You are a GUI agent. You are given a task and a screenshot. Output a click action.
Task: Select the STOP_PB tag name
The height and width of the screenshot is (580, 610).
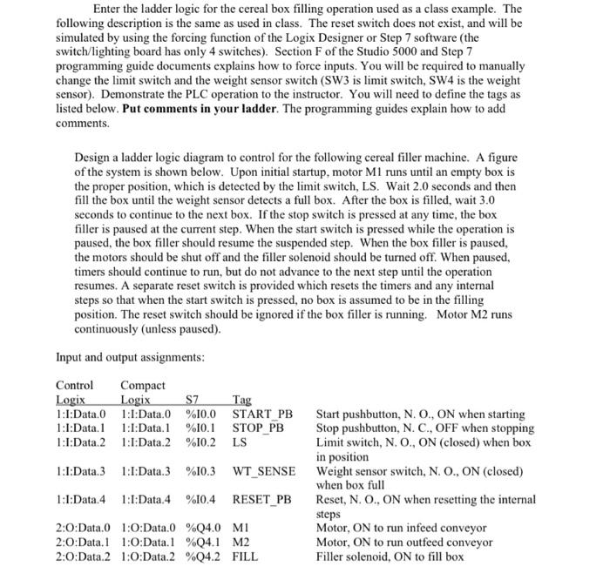pos(259,428)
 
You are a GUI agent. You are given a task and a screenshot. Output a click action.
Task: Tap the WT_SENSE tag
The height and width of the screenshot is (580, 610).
pos(264,471)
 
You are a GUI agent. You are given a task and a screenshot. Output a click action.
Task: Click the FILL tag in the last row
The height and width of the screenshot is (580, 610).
pos(246,555)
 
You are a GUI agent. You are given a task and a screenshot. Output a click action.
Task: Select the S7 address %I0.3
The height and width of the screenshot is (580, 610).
pos(202,471)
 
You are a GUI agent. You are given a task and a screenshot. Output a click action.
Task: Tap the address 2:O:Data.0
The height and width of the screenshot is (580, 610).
pos(84,527)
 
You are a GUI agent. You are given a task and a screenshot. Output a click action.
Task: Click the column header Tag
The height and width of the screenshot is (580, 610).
pos(244,401)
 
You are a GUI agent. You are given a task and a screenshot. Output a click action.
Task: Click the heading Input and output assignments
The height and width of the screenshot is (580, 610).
pos(130,357)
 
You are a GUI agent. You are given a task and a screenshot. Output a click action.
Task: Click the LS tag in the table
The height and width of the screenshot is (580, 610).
pos(240,442)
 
